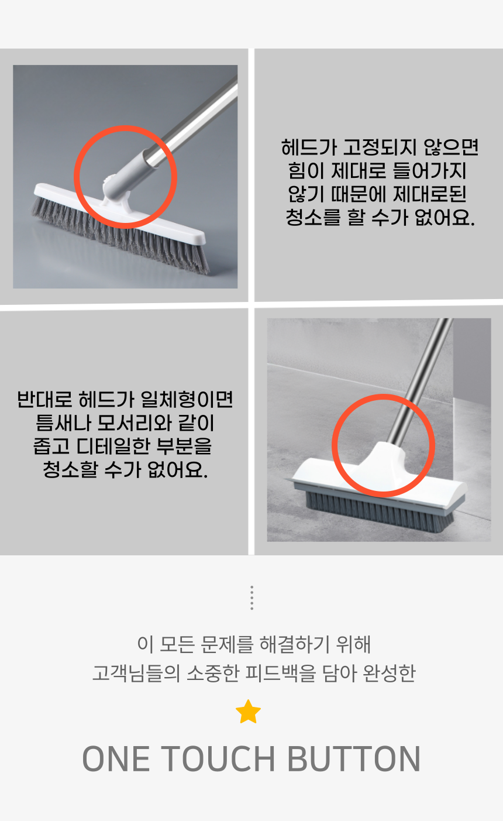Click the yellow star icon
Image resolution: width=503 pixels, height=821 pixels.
[x=248, y=712]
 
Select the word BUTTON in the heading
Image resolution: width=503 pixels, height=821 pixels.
[x=354, y=759]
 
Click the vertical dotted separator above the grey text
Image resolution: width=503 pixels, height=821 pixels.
[x=251, y=598]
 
